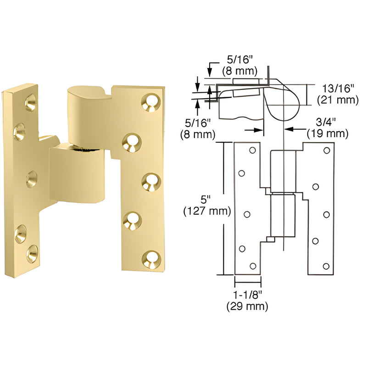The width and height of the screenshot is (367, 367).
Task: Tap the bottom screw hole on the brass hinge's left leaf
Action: (33, 254)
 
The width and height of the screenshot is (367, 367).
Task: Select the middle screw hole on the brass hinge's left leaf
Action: (32, 177)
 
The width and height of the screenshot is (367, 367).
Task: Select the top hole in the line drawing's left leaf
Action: (252, 150)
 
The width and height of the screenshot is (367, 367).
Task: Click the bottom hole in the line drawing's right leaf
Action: (326, 267)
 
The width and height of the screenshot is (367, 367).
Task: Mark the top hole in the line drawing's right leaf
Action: (327, 150)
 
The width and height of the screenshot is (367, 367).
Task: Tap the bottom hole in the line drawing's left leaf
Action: (252, 265)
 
